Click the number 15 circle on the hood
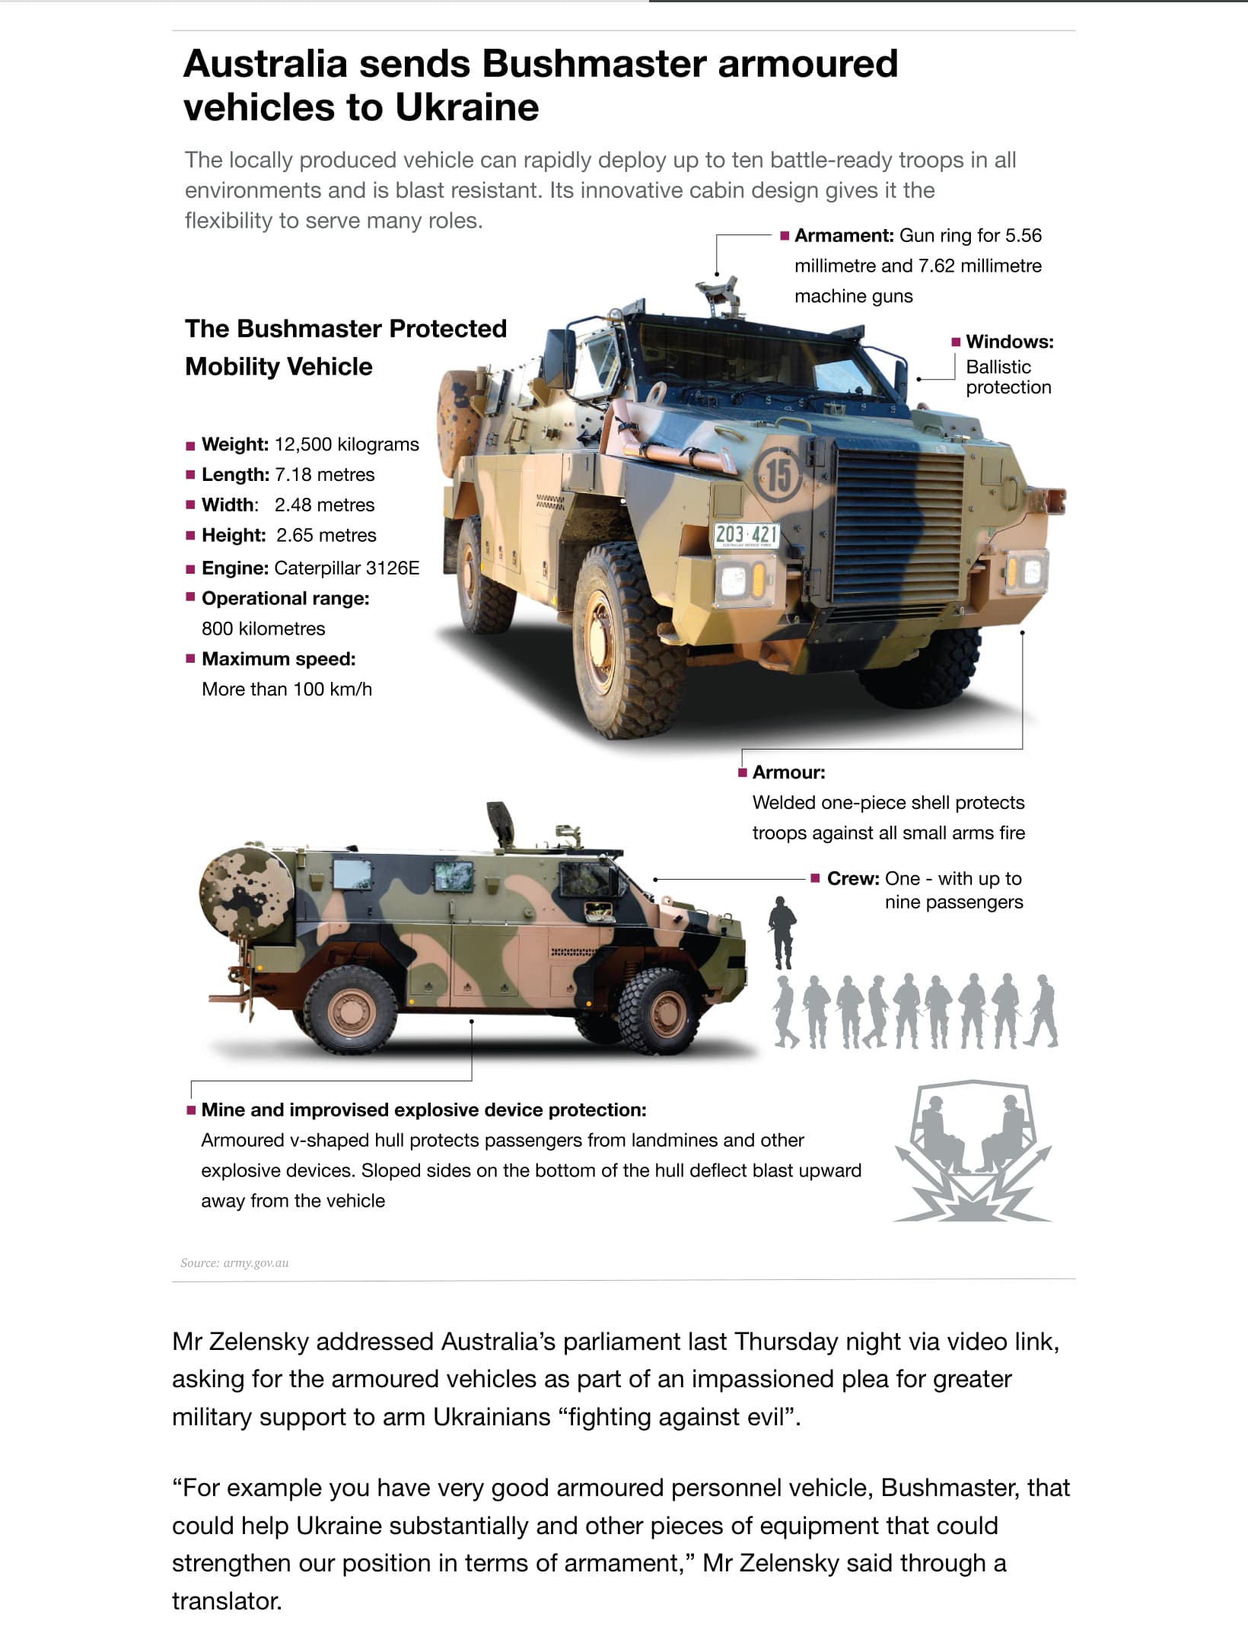pyautogui.click(x=778, y=474)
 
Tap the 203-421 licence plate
pyautogui.click(x=746, y=535)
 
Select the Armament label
pyautogui.click(x=843, y=236)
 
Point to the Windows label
pyautogui.click(x=1009, y=342)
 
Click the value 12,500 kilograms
pyautogui.click(x=346, y=444)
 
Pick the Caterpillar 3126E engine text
pyautogui.click(x=346, y=568)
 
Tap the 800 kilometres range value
pyautogui.click(x=263, y=629)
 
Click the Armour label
pyautogui.click(x=788, y=772)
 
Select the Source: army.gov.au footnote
pyautogui.click(x=234, y=1263)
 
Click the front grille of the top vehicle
pyautogui.click(x=899, y=525)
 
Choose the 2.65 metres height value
pyautogui.click(x=326, y=536)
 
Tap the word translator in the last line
pyautogui.click(x=226, y=1601)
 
